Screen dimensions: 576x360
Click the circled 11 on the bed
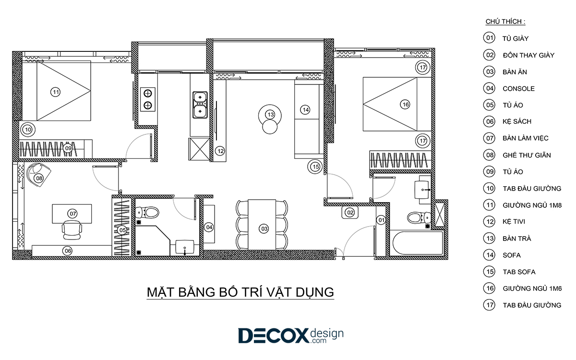tap(55, 92)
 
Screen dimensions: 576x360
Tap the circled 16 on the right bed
tap(405, 105)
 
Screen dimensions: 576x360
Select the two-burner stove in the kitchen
tap(148, 99)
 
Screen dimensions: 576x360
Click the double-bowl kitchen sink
tap(200, 105)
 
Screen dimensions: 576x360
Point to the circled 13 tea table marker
tap(271, 115)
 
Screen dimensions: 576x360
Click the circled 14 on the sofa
tap(305, 110)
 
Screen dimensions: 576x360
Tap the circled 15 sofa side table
tap(315, 167)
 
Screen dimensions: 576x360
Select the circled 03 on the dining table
tap(264, 229)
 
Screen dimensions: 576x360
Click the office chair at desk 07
tap(72, 230)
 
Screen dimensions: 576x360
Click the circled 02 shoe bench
tap(350, 213)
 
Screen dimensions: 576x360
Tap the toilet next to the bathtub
tap(419, 218)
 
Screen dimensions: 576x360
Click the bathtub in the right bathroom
tap(418, 243)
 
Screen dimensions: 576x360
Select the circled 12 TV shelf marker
tap(220, 151)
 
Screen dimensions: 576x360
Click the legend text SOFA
tap(512, 255)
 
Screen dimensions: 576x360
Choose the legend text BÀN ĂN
tap(515, 72)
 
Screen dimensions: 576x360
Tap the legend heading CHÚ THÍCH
tap(505, 21)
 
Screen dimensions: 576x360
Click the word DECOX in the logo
tap(273, 336)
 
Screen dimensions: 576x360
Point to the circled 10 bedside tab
tap(28, 130)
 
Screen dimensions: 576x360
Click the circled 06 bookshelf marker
tap(68, 251)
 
